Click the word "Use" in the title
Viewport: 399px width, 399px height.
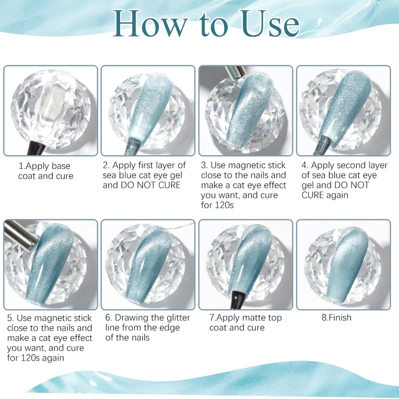pyautogui.click(x=271, y=23)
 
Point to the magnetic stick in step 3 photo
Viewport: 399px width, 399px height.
pyautogui.click(x=235, y=72)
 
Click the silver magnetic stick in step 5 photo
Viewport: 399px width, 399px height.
pyautogui.click(x=20, y=235)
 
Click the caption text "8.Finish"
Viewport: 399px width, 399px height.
pyautogui.click(x=336, y=318)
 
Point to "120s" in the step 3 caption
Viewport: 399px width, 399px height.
pyautogui.click(x=224, y=205)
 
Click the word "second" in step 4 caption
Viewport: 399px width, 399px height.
pyautogui.click(x=345, y=166)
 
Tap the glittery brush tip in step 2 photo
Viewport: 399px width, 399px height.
pyautogui.click(x=133, y=146)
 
